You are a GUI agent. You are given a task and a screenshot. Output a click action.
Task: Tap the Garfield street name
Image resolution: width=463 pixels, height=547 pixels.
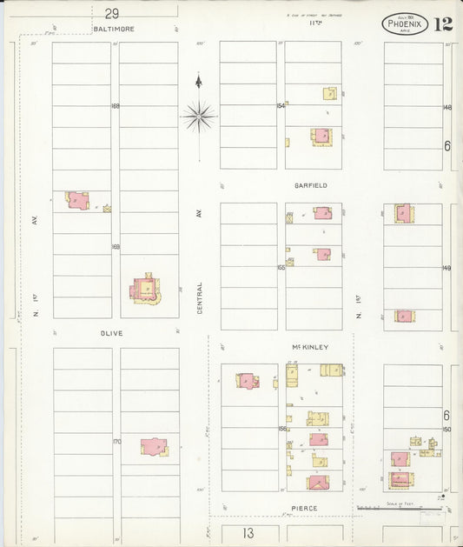click(x=310, y=185)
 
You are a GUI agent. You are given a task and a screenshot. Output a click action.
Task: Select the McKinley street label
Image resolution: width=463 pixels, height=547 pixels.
click(x=310, y=346)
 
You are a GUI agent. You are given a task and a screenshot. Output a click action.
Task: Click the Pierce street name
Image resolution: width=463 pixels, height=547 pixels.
click(x=304, y=508)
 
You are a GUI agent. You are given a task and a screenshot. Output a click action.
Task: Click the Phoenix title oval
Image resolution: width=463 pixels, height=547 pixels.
click(x=405, y=23)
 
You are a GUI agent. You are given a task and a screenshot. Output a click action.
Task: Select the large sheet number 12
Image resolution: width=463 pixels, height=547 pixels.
click(x=443, y=23)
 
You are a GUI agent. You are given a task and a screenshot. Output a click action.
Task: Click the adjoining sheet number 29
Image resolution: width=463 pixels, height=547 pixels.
click(x=111, y=13)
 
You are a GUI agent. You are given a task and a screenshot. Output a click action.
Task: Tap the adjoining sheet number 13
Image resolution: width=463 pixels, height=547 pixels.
click(x=248, y=532)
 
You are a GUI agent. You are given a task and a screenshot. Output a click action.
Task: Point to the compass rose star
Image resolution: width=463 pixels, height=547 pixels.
click(x=199, y=114)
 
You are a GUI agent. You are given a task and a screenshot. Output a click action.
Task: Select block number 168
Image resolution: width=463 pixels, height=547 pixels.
click(x=115, y=106)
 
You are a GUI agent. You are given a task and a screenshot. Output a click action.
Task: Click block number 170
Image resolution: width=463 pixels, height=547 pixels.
click(x=116, y=442)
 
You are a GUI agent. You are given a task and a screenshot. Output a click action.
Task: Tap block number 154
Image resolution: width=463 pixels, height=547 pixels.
click(x=281, y=106)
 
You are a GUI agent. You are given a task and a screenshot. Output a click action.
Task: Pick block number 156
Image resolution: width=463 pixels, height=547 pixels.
click(x=281, y=428)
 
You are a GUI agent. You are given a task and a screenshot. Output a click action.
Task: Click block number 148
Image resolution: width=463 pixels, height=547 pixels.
click(x=447, y=107)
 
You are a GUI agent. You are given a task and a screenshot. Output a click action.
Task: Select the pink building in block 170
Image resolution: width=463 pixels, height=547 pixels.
click(x=154, y=446)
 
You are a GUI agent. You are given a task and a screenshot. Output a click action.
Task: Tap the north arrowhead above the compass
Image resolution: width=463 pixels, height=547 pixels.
click(x=199, y=81)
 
